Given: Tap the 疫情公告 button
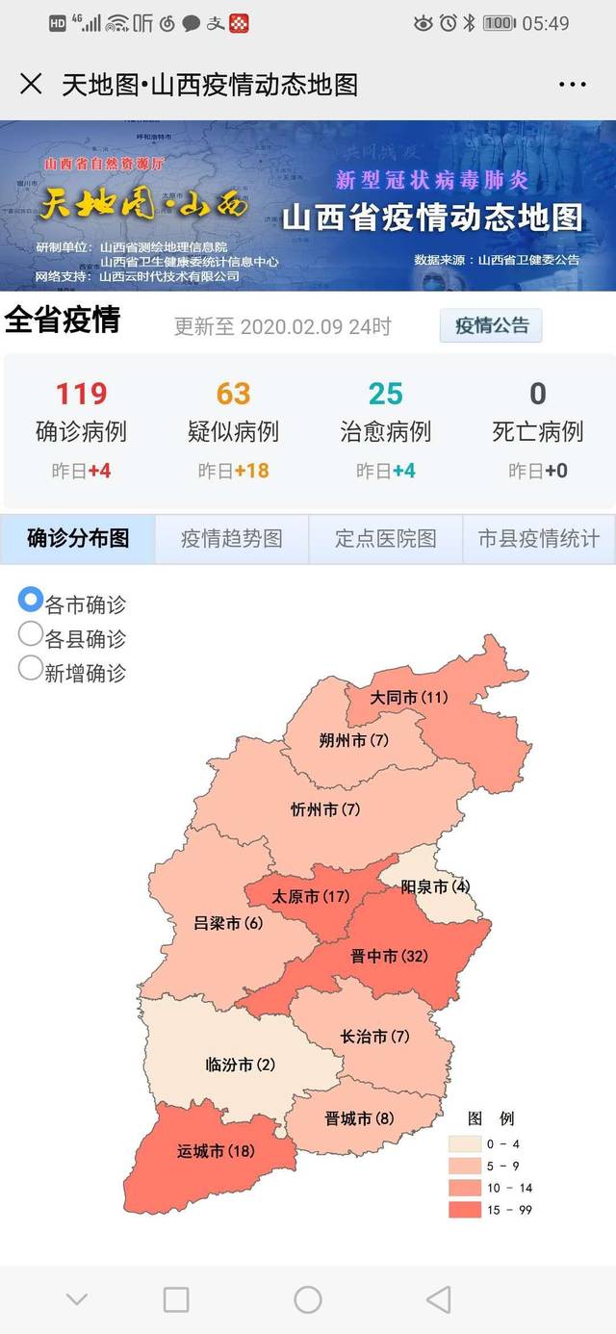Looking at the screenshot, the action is pos(491,325).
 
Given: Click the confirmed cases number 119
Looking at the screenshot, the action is pos(81,394).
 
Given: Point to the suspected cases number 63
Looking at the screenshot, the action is pos(233,394).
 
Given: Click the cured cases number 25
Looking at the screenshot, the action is pos(385,394).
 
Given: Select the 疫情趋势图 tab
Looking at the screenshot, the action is pos(232,539).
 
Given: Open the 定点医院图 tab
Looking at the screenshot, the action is pos(385,539).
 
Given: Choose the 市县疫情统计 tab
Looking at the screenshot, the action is pos(539,539).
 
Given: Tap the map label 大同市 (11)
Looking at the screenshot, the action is pos(410,697).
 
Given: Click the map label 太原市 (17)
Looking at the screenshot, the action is pos(310,896).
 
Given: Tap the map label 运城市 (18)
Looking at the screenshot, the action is pos(216,1151).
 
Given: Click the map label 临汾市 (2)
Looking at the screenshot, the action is pos(241,1065).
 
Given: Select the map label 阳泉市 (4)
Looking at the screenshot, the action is pos(435,886).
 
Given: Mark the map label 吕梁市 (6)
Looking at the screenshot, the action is pos(228,923).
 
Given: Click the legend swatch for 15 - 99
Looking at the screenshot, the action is pos(464,1210).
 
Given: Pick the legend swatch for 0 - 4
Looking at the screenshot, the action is pos(464,1143).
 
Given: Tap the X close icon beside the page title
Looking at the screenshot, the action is pos(31,84).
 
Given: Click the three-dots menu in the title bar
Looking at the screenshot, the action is pos(572,85).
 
